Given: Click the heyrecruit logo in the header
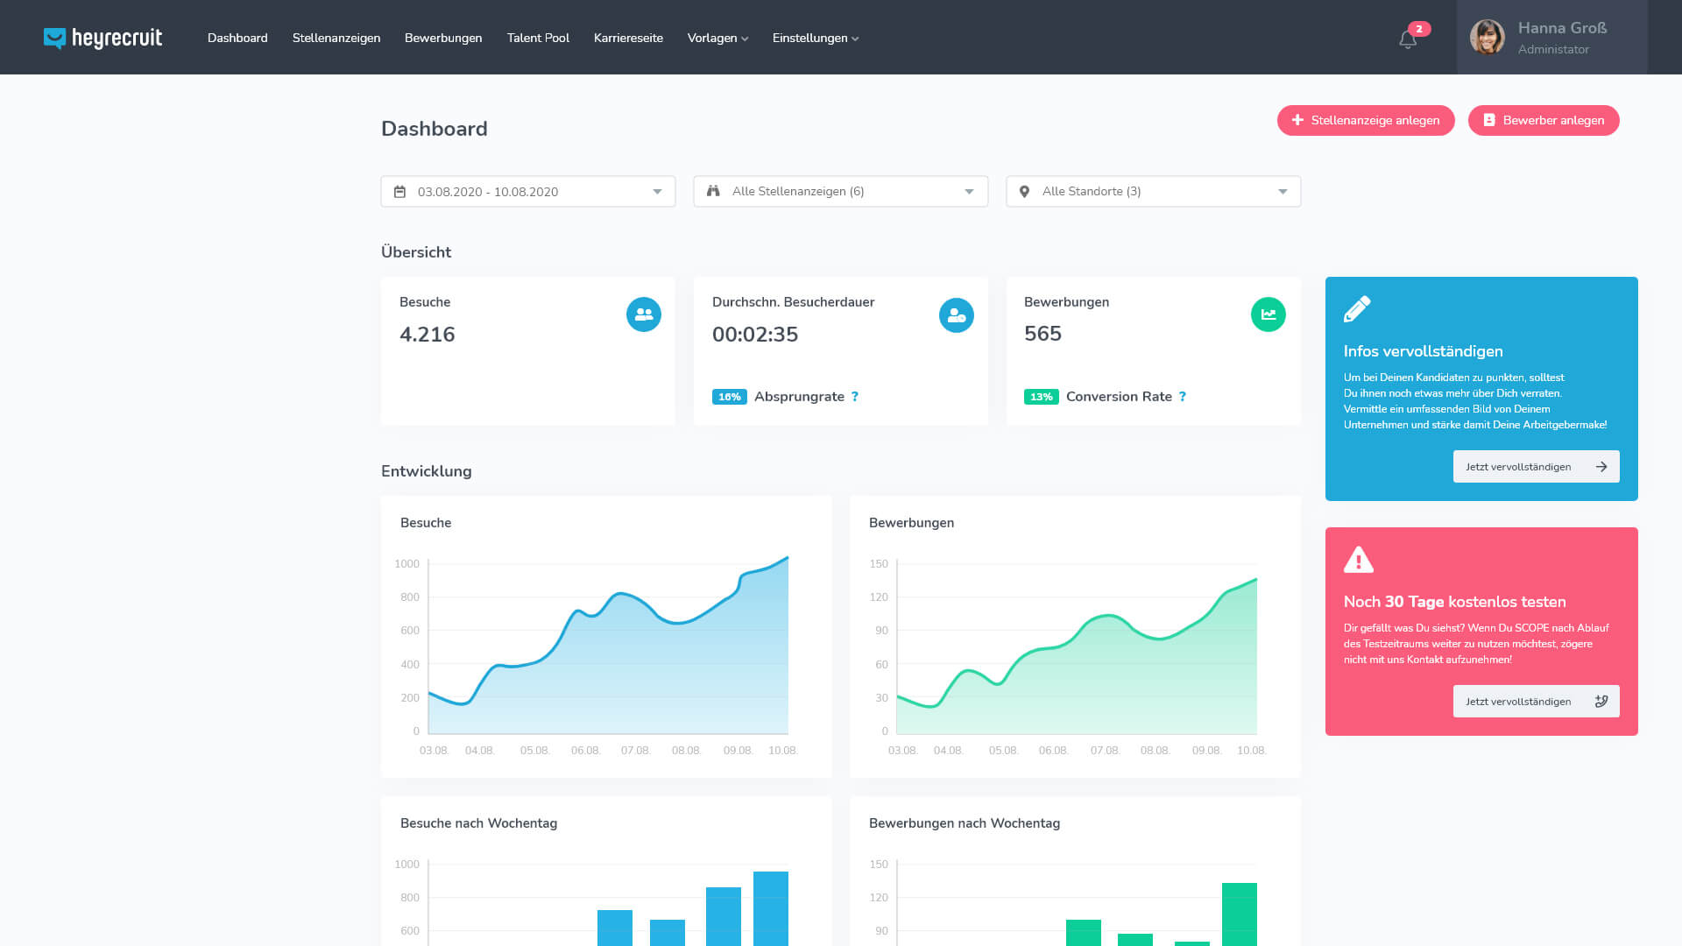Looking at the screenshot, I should pyautogui.click(x=102, y=38).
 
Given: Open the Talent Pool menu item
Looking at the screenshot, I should pyautogui.click(x=538, y=38).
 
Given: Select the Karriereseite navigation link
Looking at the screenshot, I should pyautogui.click(x=628, y=38).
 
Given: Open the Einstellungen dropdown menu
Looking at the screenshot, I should pyautogui.click(x=815, y=38).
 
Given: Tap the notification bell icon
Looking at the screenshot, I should pyautogui.click(x=1408, y=39).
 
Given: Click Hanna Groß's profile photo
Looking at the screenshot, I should pyautogui.click(x=1487, y=38).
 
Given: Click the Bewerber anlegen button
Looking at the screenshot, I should pyautogui.click(x=1544, y=120).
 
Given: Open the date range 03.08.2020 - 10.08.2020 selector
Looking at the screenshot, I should pyautogui.click(x=528, y=192).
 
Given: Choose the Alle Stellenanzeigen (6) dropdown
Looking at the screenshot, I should pyautogui.click(x=841, y=192).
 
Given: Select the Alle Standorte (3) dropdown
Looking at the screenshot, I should pyautogui.click(x=1153, y=192).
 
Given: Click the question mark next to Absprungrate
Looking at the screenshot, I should pyautogui.click(x=855, y=397).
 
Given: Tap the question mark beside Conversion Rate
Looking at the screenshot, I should pyautogui.click(x=1183, y=397).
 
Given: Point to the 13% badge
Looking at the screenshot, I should pyautogui.click(x=1041, y=397).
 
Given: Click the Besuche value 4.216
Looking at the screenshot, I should pyautogui.click(x=428, y=335).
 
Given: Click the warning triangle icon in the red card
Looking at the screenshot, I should pyautogui.click(x=1359, y=560).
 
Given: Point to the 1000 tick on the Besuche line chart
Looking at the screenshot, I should pyautogui.click(x=407, y=564).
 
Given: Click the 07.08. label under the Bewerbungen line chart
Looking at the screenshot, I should pyautogui.click(x=1105, y=751).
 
